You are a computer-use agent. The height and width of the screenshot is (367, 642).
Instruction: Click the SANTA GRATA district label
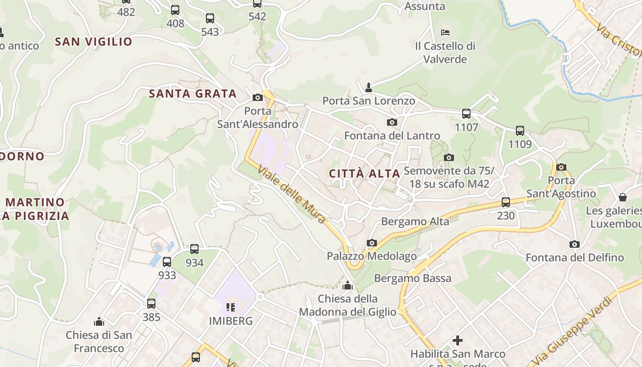[193, 94]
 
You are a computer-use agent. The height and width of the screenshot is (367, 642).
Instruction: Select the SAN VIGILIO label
[94, 42]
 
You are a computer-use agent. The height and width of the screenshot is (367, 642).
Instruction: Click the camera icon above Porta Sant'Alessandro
[258, 97]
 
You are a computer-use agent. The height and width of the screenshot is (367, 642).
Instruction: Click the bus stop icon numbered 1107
[466, 113]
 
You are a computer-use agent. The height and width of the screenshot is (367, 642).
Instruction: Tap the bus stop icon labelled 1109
[520, 130]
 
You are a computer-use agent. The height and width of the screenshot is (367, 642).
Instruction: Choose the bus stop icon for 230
[506, 202]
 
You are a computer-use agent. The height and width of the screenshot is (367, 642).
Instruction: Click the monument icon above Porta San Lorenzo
[368, 87]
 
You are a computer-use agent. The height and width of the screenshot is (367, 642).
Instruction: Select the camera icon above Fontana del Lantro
[392, 122]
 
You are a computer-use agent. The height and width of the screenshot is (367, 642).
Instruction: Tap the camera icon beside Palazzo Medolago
[371, 243]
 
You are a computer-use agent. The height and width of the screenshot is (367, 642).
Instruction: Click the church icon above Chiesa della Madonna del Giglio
[348, 285]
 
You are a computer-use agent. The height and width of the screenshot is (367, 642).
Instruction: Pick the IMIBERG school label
[231, 321]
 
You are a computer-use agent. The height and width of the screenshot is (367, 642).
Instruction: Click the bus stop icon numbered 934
[194, 249]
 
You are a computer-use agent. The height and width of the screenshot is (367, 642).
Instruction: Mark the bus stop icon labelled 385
[151, 303]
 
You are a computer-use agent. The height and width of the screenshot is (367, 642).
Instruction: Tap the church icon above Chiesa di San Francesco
[99, 321]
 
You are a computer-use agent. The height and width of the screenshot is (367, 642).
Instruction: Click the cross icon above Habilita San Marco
[458, 340]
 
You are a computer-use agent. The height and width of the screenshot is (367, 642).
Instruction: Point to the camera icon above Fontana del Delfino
[574, 244]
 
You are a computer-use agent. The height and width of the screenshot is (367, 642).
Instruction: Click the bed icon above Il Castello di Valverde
[445, 32]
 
